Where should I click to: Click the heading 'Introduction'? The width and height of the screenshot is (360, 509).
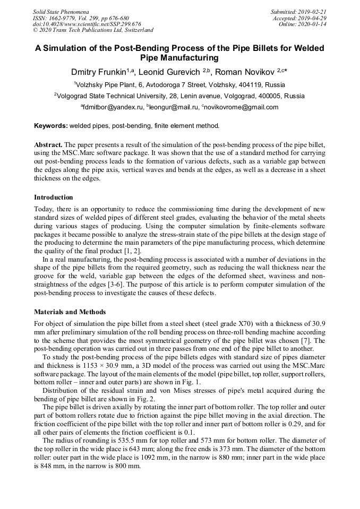tap(54, 197)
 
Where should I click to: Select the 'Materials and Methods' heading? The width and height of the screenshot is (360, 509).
tap(70, 312)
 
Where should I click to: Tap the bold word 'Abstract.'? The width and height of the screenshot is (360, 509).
tap(48, 144)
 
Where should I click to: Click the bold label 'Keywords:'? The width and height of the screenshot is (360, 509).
tap(50, 126)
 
